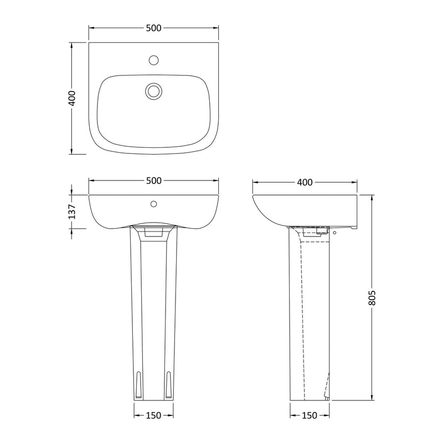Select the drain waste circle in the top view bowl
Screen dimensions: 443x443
click(x=153, y=90)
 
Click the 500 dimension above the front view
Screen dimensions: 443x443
click(x=154, y=181)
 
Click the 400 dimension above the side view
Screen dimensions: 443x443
click(x=305, y=182)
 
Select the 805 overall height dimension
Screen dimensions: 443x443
click(x=372, y=297)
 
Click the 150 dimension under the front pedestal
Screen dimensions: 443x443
click(x=154, y=415)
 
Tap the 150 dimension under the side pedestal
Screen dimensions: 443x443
click(x=310, y=415)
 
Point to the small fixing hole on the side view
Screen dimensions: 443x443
click(x=334, y=233)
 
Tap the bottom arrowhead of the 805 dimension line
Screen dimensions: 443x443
click(x=372, y=397)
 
